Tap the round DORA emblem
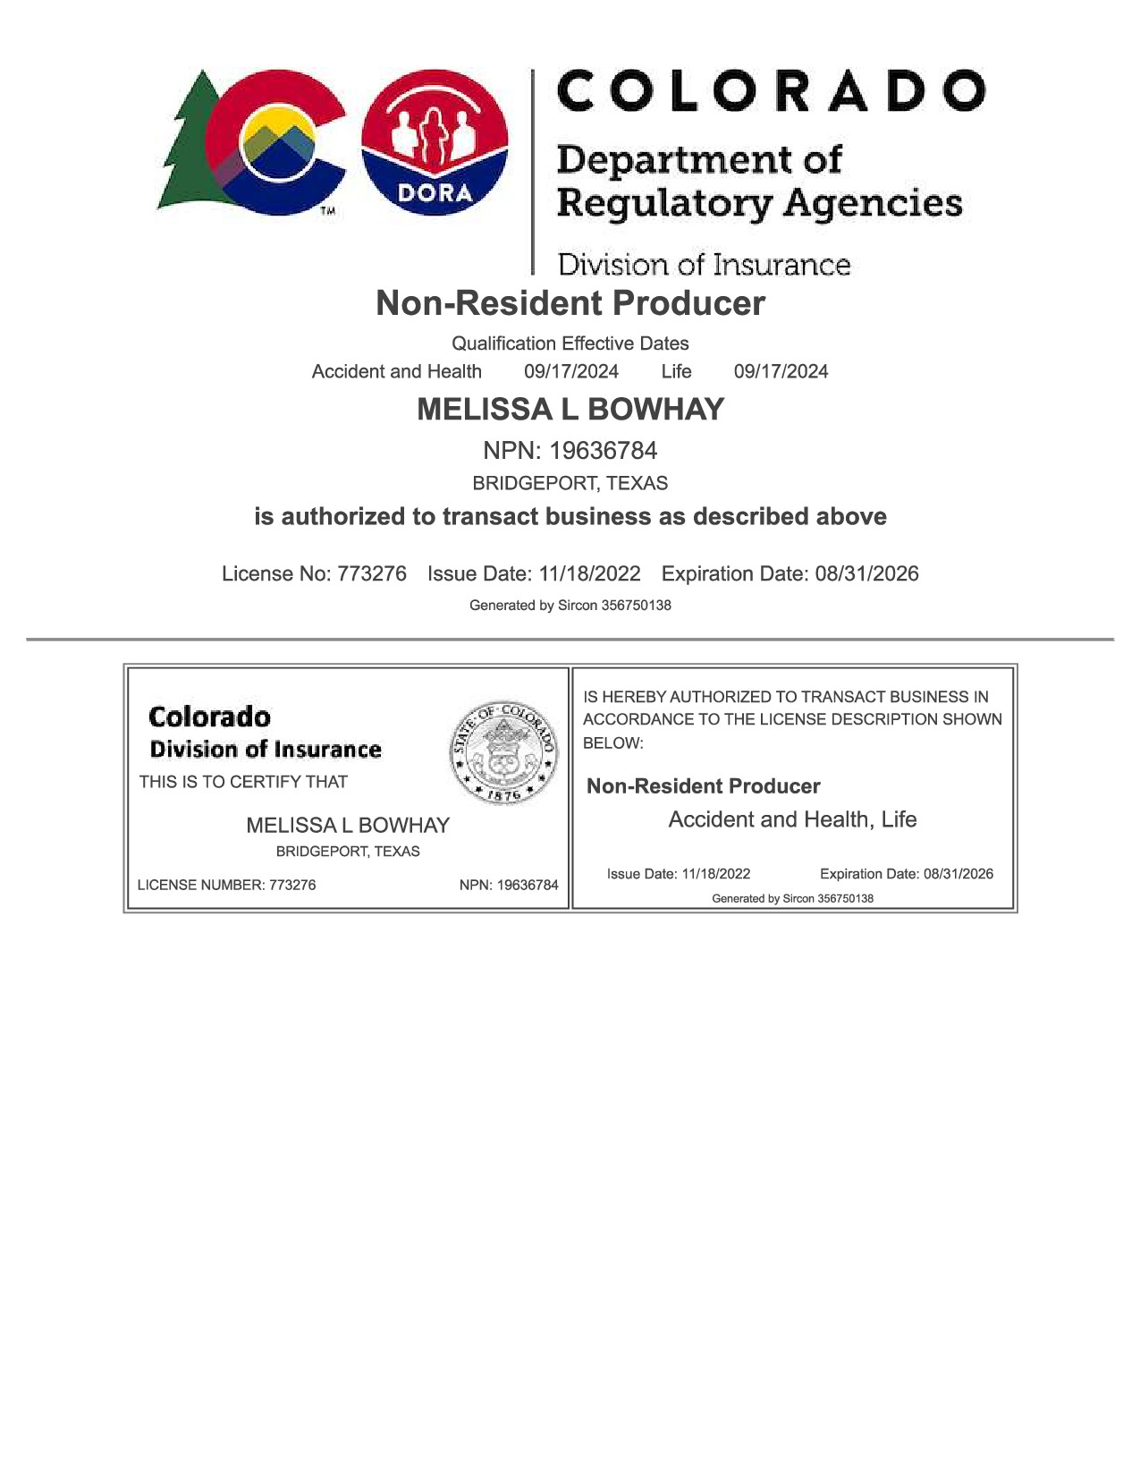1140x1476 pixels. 435,143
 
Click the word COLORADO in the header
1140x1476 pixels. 771,91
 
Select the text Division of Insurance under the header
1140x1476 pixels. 704,265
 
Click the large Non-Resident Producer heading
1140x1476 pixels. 570,303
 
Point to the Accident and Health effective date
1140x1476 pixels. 570,371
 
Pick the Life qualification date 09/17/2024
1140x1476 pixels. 781,371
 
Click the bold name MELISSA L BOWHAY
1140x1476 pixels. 570,410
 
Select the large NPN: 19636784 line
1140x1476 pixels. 570,450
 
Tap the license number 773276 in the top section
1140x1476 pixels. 371,573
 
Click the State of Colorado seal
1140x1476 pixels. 503,752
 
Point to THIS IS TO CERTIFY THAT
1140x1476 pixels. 243,782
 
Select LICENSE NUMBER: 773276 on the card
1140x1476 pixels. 226,885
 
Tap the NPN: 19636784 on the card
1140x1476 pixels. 509,885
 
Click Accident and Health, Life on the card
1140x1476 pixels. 792,819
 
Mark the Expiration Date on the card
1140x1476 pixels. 906,874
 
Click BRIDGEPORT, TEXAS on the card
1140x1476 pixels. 348,852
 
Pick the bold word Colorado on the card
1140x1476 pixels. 209,717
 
